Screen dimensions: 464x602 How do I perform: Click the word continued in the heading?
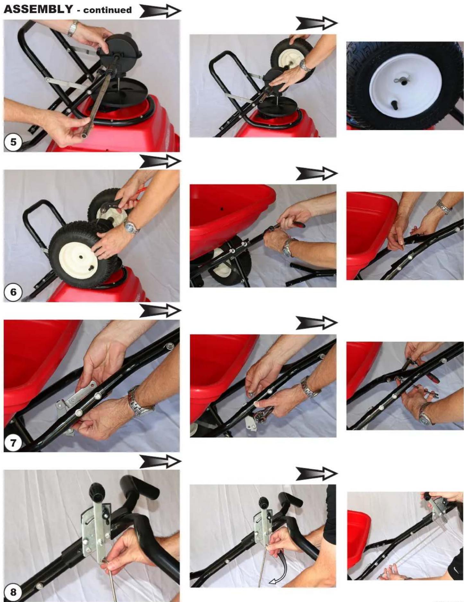point(107,10)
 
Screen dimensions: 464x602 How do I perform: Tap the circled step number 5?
point(13,142)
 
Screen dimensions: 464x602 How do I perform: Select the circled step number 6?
point(13,292)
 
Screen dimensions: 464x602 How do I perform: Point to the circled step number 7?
point(13,443)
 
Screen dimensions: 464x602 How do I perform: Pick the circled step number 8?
point(13,592)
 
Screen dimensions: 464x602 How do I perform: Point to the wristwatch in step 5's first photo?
point(73,28)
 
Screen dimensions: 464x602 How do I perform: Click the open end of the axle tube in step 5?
point(84,136)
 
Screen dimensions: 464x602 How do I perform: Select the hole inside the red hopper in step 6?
point(222,209)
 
